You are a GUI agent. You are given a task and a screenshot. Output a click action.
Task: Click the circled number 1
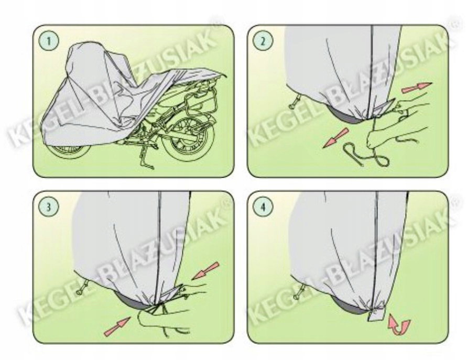pos(49,41)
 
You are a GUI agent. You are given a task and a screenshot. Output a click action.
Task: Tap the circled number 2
pos(262,41)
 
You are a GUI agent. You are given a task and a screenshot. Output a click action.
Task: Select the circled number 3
pos(49,207)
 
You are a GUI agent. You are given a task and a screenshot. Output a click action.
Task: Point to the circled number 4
pos(262,207)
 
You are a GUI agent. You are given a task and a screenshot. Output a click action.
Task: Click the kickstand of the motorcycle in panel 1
pos(146,159)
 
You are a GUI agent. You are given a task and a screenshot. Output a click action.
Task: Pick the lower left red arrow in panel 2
pos(335,138)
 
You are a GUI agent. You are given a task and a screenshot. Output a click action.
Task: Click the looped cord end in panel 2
pos(366,154)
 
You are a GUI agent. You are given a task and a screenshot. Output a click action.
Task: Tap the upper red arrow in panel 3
pos(205,271)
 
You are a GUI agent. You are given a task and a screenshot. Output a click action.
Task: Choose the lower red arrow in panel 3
pos(117,326)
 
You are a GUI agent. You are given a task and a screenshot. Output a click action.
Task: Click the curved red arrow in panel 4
pos(399,325)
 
